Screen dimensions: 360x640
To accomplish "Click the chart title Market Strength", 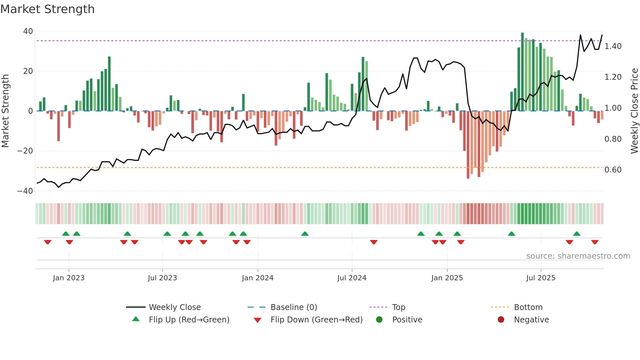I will click(47, 9).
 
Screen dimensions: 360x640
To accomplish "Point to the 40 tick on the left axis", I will click(28, 31).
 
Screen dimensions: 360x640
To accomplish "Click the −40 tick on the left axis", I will click(25, 191).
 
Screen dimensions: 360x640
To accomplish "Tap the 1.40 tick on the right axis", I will click(613, 46).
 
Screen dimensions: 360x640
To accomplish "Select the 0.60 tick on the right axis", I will click(613, 170).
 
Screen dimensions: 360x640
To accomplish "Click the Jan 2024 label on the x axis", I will click(257, 278).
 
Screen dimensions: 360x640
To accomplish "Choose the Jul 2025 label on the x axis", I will click(540, 278).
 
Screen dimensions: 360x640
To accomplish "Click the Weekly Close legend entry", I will click(175, 307).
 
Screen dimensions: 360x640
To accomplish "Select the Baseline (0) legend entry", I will click(294, 307).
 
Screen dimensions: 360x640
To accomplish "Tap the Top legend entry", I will click(398, 307).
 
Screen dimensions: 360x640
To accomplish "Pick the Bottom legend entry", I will click(528, 307).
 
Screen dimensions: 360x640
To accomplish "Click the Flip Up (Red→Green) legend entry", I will click(189, 320).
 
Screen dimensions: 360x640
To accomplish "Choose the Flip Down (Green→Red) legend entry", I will click(316, 320).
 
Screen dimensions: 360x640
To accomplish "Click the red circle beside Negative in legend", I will click(501, 319).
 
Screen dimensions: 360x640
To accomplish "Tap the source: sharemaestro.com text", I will click(578, 256).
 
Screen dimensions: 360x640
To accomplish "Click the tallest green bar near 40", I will click(522, 72).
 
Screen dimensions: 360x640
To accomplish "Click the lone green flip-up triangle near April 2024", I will click(305, 234).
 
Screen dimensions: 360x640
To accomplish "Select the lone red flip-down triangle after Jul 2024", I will click(374, 242).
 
